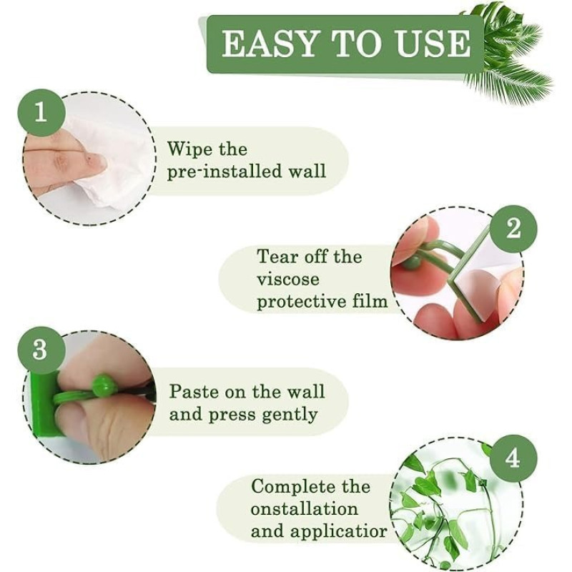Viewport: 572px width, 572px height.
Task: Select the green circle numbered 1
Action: (x=41, y=113)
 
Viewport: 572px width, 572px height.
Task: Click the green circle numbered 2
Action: (x=513, y=229)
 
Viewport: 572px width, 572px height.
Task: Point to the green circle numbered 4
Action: (x=513, y=458)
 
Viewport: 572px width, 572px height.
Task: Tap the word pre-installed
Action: (x=225, y=172)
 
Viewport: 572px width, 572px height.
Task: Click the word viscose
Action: (x=288, y=280)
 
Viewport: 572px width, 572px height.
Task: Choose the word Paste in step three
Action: (x=194, y=392)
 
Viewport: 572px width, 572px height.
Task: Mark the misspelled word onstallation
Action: (x=305, y=509)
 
